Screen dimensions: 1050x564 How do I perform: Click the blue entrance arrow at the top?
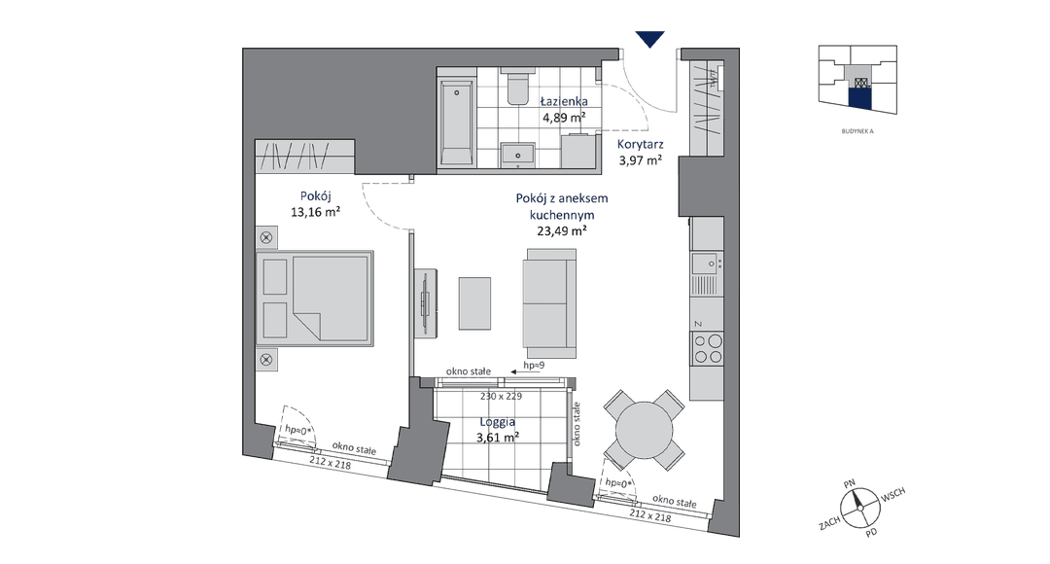tap(649, 39)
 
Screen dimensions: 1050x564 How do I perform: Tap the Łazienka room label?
tap(564, 101)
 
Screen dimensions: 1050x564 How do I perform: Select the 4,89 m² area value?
tap(564, 118)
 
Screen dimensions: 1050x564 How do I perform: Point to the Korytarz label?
tap(640, 144)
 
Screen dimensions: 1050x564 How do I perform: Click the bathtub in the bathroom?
tap(457, 122)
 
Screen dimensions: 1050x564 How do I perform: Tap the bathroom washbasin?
tap(517, 154)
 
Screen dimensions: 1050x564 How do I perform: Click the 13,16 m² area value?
tap(315, 212)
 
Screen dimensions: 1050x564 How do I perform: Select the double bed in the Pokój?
tap(315, 299)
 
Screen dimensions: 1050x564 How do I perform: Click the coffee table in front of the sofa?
tap(474, 303)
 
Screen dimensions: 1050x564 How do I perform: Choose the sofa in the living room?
tap(549, 303)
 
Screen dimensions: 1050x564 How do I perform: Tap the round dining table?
tap(645, 430)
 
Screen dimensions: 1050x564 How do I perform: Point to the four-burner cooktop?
tap(707, 348)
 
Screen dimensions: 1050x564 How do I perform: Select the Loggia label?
tap(498, 422)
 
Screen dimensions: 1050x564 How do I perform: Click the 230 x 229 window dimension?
tap(501, 396)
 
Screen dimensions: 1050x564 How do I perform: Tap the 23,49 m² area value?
tap(562, 231)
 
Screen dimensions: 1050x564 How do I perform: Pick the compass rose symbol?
tap(858, 508)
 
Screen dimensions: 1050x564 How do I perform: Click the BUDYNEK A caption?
tap(857, 131)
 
